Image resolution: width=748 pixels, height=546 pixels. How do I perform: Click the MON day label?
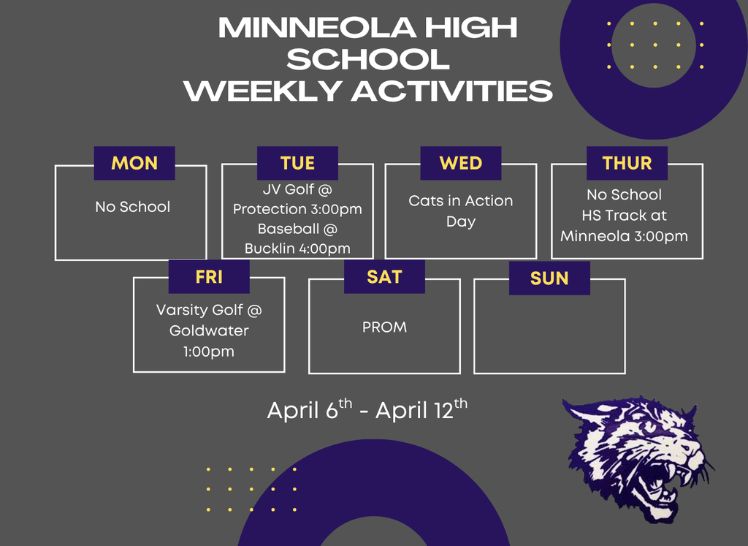tap(134, 163)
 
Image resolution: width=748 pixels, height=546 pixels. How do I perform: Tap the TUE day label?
tap(297, 163)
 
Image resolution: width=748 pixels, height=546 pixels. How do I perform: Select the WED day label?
tap(460, 163)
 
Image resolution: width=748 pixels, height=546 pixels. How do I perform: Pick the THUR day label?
tap(627, 163)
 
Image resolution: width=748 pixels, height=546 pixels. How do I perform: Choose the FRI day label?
tap(209, 277)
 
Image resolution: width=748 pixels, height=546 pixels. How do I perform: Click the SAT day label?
tap(384, 276)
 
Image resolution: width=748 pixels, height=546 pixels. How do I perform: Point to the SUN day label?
tap(549, 278)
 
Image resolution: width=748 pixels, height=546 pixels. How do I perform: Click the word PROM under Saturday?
tap(384, 327)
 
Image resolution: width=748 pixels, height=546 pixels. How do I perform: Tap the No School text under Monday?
tap(132, 207)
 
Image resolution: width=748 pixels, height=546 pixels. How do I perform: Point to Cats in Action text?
tap(460, 200)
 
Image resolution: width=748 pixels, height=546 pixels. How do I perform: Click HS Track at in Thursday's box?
tap(624, 216)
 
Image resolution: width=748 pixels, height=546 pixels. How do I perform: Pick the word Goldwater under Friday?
tap(209, 330)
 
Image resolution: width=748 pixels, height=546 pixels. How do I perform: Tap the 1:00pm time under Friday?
tap(209, 351)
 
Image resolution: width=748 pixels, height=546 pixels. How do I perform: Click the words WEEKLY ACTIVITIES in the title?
tap(367, 91)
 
